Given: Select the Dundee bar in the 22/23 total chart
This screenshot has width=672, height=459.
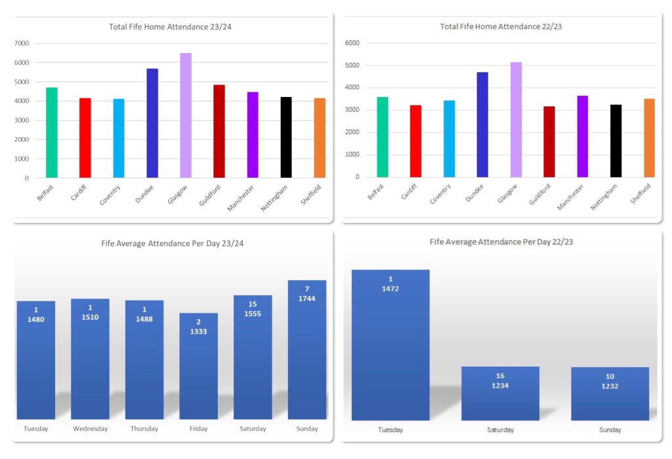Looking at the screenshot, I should (x=482, y=125).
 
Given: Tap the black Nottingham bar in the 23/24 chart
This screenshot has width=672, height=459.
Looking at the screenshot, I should (x=286, y=137).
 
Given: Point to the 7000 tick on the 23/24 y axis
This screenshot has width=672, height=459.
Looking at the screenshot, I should (x=22, y=43).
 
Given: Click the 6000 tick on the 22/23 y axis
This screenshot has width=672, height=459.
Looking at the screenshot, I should (x=353, y=43).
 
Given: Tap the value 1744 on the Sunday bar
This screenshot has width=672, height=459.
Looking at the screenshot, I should (x=307, y=298).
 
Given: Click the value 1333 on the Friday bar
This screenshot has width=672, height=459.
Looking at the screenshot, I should (x=198, y=331).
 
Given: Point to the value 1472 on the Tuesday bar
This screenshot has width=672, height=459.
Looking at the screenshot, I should (x=390, y=289).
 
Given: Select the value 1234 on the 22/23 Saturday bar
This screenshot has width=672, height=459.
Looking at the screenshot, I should (x=500, y=386).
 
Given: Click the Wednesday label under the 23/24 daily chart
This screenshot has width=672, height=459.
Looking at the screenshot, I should (x=90, y=429).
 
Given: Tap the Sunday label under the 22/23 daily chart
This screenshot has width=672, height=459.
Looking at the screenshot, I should (x=610, y=429).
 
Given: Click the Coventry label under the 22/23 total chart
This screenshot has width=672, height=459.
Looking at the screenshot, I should (x=440, y=195).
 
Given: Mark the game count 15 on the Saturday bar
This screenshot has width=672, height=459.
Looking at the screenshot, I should (x=253, y=304).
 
